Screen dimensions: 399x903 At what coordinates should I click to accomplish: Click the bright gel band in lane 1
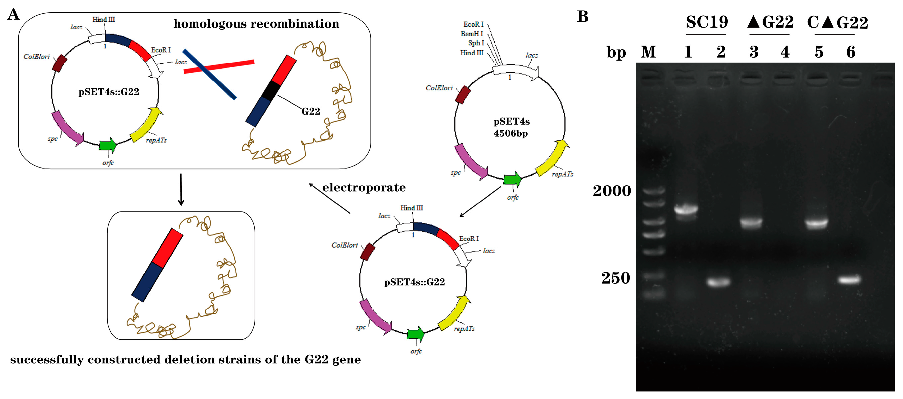(686, 209)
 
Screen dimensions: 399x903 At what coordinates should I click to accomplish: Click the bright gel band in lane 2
(719, 282)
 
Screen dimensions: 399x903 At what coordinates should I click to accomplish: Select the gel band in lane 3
(751, 222)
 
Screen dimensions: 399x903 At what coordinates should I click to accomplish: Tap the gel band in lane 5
(816, 223)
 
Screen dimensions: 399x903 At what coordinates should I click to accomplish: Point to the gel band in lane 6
(849, 279)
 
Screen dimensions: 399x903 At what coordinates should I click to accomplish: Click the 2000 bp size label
(612, 191)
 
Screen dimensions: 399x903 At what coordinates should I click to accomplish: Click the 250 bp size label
(616, 278)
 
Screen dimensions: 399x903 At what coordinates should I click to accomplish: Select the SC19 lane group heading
(706, 22)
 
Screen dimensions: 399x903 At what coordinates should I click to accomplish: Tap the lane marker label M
(648, 52)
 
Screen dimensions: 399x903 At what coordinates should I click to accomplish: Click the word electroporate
(364, 188)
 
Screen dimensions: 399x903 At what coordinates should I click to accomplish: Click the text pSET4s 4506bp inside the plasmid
(511, 127)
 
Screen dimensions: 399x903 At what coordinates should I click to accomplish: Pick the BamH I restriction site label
(471, 34)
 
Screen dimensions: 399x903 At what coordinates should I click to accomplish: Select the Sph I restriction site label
(476, 43)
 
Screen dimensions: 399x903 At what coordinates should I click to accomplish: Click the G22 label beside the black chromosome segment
(311, 111)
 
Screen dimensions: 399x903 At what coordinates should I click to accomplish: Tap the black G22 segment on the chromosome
(271, 91)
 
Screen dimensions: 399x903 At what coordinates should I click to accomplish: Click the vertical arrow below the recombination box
(181, 190)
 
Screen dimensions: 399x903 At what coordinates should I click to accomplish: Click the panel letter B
(583, 16)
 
